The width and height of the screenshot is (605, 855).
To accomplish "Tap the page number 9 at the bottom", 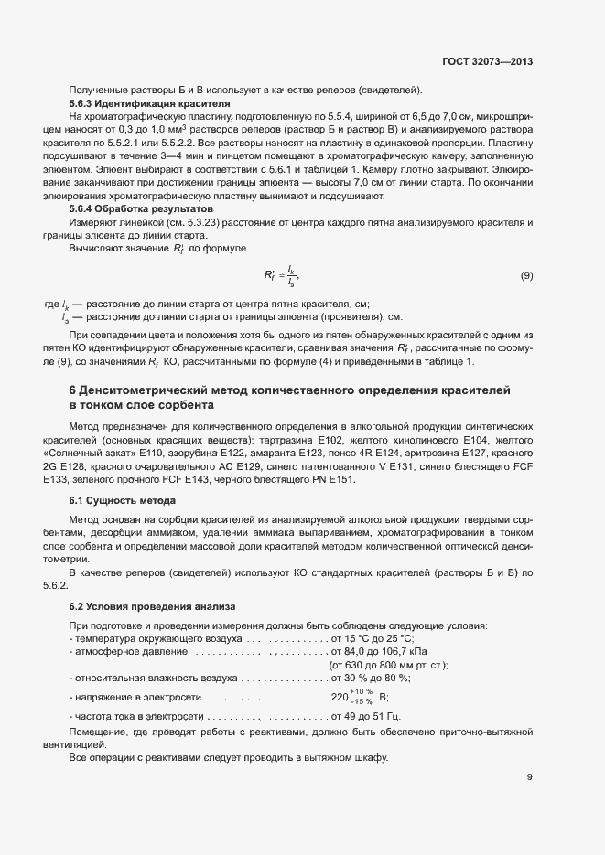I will click(529, 778).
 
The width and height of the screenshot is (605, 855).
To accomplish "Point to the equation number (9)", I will click(526, 275).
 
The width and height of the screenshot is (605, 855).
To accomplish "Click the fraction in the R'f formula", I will click(291, 275).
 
